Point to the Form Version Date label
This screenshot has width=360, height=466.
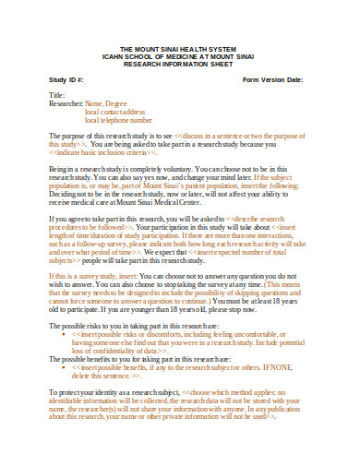[x=273, y=79]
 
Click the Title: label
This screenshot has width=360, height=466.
[x=56, y=96]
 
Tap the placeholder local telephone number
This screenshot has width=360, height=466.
[x=118, y=120]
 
